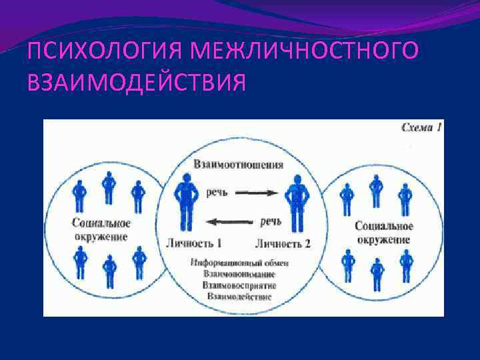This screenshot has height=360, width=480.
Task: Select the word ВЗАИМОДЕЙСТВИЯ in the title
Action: click(136, 83)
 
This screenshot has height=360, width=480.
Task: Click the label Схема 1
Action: click(421, 127)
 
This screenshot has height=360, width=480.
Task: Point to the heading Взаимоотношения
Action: click(238, 164)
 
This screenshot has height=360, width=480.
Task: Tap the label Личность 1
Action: click(198, 243)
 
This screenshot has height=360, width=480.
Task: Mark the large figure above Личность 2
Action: click(293, 199)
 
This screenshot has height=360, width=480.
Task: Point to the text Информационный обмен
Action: click(239, 263)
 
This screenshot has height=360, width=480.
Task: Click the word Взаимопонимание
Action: click(239, 274)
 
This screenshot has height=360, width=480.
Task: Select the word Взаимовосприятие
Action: click(239, 285)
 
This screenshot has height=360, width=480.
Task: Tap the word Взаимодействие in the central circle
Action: click(239, 296)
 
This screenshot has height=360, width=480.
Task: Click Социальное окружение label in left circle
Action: click(101, 229)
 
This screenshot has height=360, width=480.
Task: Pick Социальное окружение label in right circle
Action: click(383, 232)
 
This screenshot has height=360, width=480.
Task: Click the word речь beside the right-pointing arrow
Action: click(217, 193)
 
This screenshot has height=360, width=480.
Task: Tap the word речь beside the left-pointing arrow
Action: click(270, 221)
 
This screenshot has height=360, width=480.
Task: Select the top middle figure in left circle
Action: click(108, 187)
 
